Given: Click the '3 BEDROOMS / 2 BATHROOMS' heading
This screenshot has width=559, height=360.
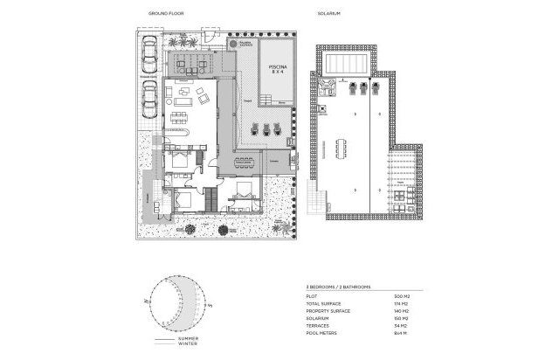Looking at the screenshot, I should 338,287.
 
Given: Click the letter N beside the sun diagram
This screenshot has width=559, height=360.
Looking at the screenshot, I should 137,299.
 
